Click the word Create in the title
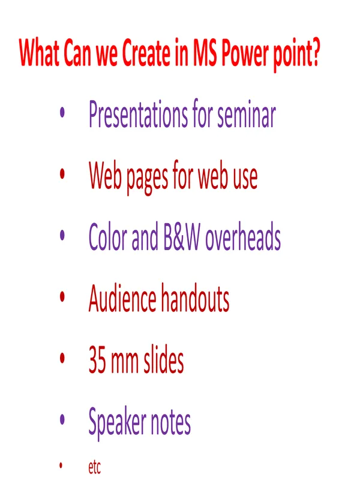click(146, 53)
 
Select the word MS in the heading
click(205, 53)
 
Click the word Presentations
click(138, 113)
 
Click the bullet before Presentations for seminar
click(62, 112)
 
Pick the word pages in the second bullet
click(147, 178)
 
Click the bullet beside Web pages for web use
click(62, 173)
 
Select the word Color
click(108, 236)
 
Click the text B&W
click(182, 236)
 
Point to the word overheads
click(243, 236)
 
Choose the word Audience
click(122, 298)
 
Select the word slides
click(163, 359)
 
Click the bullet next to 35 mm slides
click(62, 358)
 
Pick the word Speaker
click(117, 423)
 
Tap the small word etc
click(95, 467)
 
